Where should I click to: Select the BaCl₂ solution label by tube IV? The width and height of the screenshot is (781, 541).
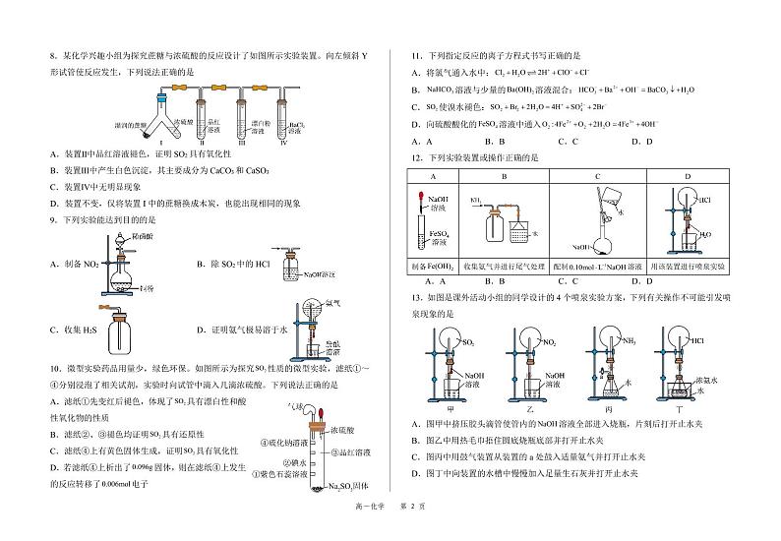tap(296, 127)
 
